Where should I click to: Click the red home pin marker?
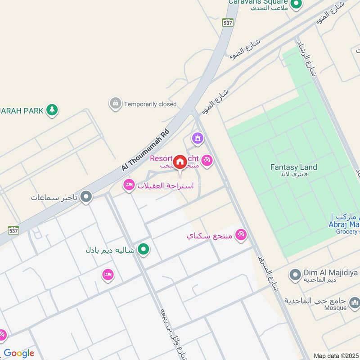pyautogui.click(x=180, y=162)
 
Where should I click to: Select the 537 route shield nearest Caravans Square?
pyautogui.click(x=228, y=22)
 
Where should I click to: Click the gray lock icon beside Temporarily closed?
pyautogui.click(x=115, y=103)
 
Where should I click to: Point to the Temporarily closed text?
pyautogui.click(x=150, y=104)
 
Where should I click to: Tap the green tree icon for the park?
pyautogui.click(x=52, y=109)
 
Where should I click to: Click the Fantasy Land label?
pyautogui.click(x=293, y=167)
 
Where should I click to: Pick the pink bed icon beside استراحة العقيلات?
pyautogui.click(x=129, y=185)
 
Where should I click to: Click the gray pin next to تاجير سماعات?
pyautogui.click(x=86, y=197)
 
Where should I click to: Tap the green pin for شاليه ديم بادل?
pyautogui.click(x=144, y=248)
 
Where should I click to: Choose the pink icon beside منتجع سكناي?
pyautogui.click(x=241, y=235)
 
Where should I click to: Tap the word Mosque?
pyautogui.click(x=335, y=308)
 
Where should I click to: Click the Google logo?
pyautogui.click(x=19, y=353)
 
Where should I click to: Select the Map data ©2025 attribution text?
pyautogui.click(x=336, y=356)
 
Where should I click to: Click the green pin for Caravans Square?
pyautogui.click(x=296, y=5)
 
